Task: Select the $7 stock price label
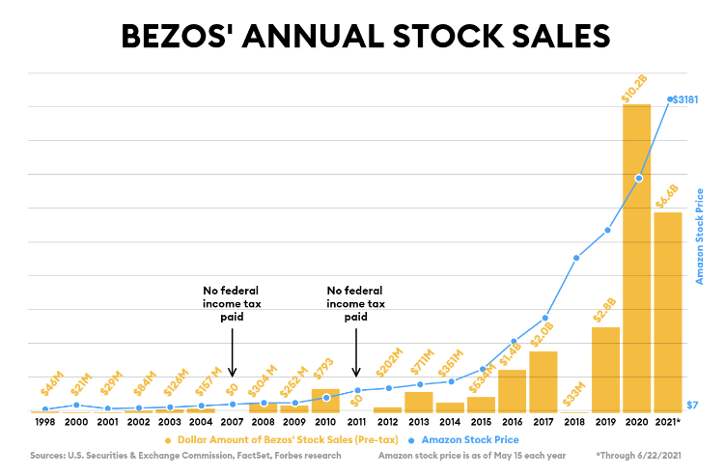(690, 406)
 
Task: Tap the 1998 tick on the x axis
(45, 423)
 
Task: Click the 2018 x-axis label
(574, 423)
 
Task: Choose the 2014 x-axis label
(449, 423)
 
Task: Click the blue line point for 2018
(575, 258)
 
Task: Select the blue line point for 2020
(638, 178)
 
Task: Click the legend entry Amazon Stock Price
(470, 439)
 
